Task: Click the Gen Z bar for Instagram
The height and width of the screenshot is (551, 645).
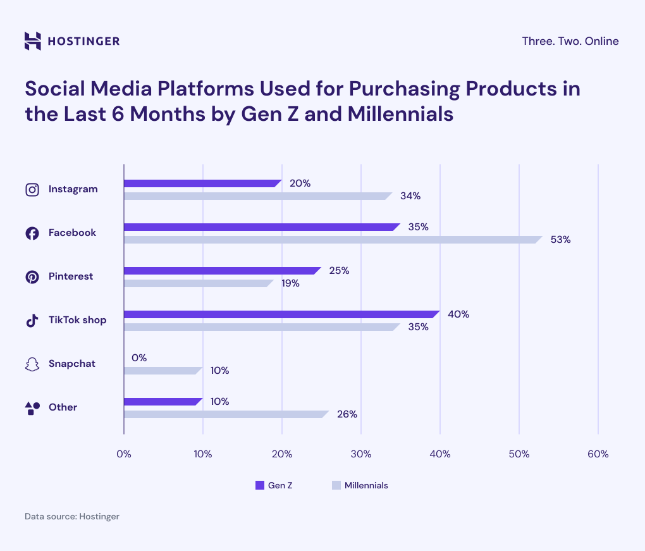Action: [202, 183]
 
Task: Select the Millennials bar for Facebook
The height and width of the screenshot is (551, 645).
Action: [332, 240]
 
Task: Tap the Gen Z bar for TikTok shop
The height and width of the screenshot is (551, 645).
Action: [281, 314]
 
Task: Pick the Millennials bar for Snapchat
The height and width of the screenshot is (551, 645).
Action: [163, 371]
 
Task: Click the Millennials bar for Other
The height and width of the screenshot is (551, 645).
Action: [226, 414]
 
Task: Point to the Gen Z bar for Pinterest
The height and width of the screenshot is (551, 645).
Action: [222, 271]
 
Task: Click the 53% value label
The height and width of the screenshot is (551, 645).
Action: [560, 240]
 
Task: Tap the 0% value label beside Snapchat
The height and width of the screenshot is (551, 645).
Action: [139, 358]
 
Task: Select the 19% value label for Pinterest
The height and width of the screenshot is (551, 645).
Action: [290, 283]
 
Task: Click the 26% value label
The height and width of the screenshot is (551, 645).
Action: [347, 414]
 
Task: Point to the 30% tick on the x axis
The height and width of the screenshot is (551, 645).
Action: [360, 454]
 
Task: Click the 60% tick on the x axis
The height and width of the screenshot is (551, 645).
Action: [598, 454]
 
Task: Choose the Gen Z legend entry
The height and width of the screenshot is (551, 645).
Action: [274, 485]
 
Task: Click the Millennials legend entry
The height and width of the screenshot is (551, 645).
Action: [359, 485]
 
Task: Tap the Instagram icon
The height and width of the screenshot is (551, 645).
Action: [32, 189]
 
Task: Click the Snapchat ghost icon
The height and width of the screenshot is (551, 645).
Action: [32, 364]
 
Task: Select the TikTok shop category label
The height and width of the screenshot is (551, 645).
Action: [77, 320]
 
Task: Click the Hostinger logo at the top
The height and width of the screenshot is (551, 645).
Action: [71, 41]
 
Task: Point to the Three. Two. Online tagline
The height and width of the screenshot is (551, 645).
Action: [570, 41]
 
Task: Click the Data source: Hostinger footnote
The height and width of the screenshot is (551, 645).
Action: [72, 516]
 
